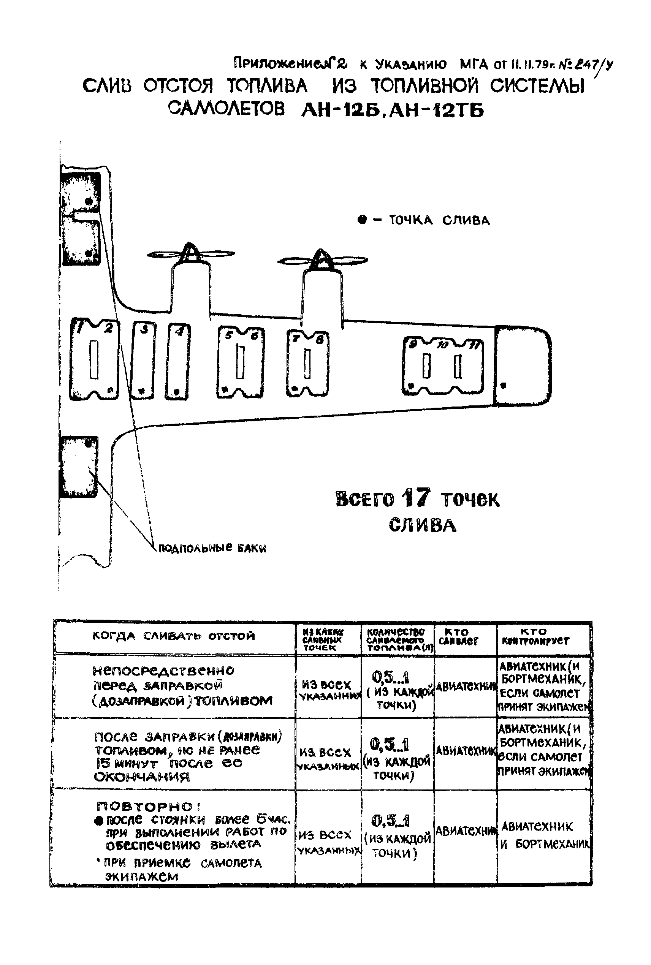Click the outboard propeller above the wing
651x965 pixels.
point(322,260)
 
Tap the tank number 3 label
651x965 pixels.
point(144,329)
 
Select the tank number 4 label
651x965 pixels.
point(179,331)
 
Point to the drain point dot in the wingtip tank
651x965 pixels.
point(504,385)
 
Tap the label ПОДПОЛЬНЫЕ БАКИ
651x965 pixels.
point(212,548)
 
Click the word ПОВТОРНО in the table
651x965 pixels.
point(145,806)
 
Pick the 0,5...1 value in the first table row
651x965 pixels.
point(391,678)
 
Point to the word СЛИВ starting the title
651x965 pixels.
point(107,86)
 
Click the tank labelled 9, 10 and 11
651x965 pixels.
point(443,365)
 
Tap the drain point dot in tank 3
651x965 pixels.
point(141,391)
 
